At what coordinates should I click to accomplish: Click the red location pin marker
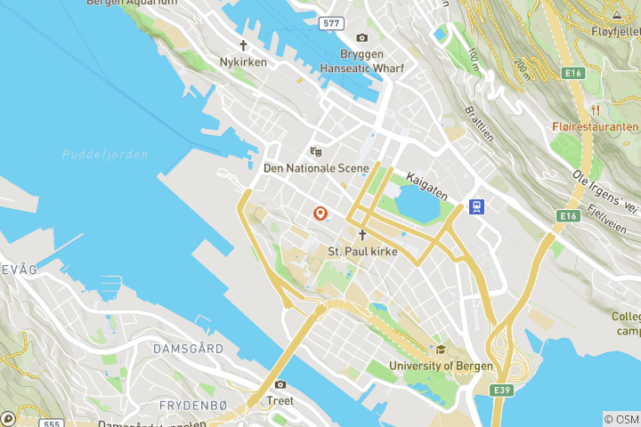click(x=320, y=213)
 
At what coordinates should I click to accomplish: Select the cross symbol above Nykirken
click(x=242, y=44)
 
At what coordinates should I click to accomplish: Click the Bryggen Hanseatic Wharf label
click(x=361, y=60)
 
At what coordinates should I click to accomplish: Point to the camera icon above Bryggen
click(x=361, y=37)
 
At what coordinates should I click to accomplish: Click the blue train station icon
click(x=478, y=207)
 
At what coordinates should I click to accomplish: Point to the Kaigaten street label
click(x=426, y=183)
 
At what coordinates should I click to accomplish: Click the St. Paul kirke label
click(x=361, y=252)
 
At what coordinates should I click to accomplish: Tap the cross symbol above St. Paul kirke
click(x=362, y=235)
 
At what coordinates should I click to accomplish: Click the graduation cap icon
click(x=440, y=350)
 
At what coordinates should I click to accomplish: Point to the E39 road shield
click(x=504, y=390)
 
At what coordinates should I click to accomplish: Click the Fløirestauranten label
click(x=595, y=127)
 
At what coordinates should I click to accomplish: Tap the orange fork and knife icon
click(x=596, y=110)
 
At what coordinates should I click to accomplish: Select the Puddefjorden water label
click(x=105, y=154)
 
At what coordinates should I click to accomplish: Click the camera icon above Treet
click(x=280, y=384)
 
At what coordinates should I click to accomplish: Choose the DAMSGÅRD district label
click(x=188, y=348)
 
